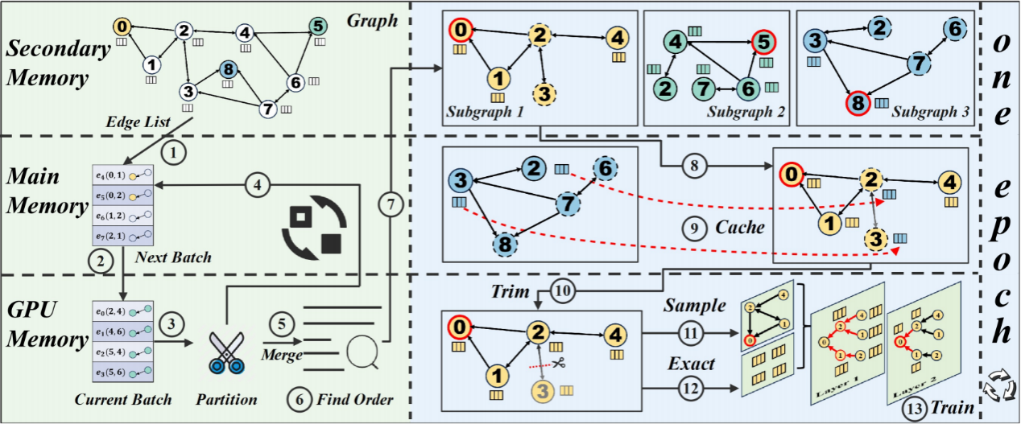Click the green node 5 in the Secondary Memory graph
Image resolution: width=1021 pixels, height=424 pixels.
(319, 27)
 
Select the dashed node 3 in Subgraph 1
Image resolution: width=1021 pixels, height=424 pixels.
(545, 94)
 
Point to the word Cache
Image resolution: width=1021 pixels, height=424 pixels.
(739, 228)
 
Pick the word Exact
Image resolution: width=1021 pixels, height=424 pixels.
(691, 364)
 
